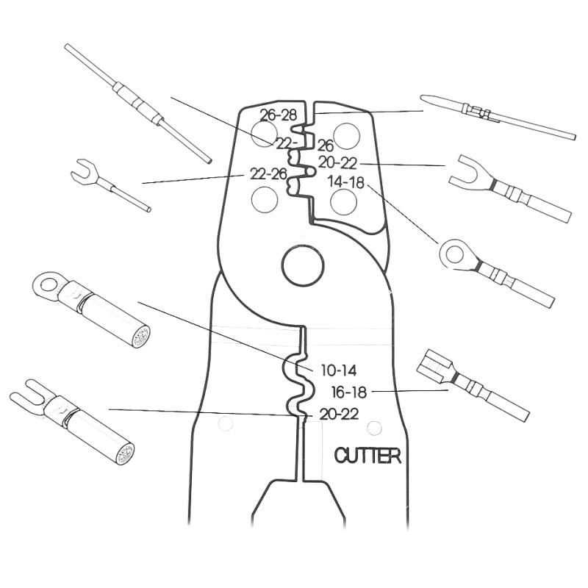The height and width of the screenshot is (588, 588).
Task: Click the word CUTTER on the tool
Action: [367, 455]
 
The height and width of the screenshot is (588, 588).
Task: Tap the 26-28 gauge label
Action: [279, 115]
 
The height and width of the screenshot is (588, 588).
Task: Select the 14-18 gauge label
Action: [345, 182]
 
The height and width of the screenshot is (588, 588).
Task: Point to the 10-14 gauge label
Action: [339, 370]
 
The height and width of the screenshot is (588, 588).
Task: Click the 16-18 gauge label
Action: [348, 392]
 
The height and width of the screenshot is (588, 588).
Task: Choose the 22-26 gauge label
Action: [268, 173]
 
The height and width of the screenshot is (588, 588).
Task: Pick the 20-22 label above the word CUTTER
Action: [339, 414]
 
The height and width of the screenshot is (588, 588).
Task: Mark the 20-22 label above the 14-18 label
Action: [337, 162]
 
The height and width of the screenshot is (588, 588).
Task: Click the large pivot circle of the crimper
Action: [303, 266]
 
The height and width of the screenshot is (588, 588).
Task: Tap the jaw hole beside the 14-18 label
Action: [343, 201]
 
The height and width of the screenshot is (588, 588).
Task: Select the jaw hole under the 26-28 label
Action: [265, 134]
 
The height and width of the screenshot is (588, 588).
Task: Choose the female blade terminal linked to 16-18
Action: [473, 384]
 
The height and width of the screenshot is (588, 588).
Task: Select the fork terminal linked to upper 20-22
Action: [510, 188]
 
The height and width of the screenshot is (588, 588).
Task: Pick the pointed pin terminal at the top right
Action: [498, 116]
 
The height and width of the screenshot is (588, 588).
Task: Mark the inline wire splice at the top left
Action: [138, 104]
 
